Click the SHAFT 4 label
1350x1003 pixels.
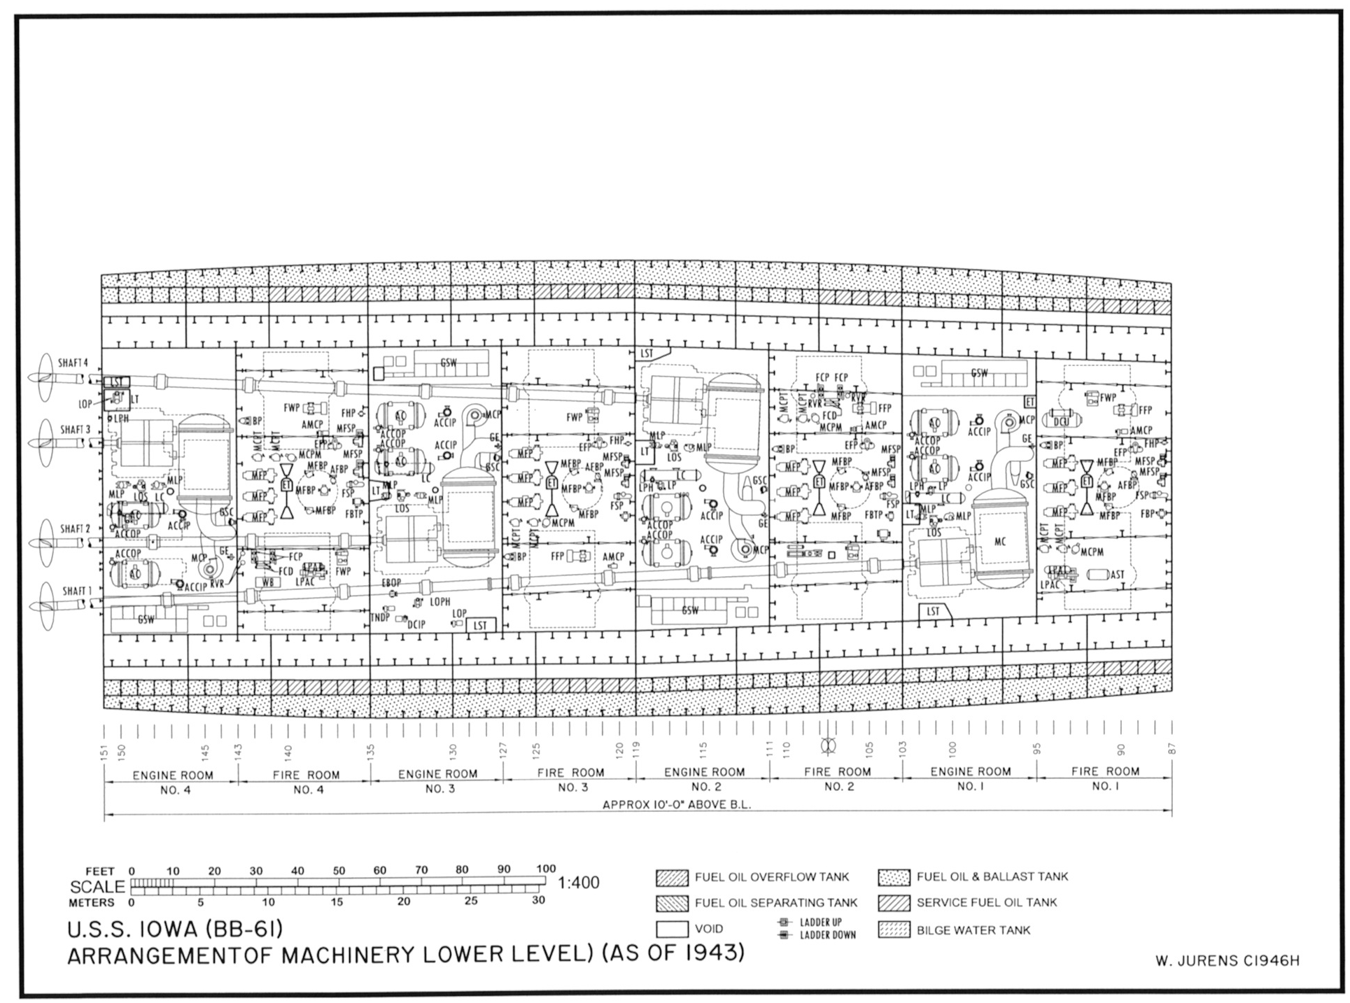pyautogui.click(x=73, y=363)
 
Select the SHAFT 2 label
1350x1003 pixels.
pyautogui.click(x=75, y=528)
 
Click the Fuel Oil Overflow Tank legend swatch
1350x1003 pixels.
pyautogui.click(x=672, y=878)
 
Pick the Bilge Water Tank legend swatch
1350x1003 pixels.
pyautogui.click(x=894, y=930)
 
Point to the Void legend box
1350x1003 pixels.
pyautogui.click(x=672, y=930)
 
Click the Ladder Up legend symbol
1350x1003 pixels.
pyautogui.click(x=785, y=923)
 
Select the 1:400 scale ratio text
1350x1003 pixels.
pyautogui.click(x=578, y=883)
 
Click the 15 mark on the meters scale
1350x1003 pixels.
pyautogui.click(x=337, y=902)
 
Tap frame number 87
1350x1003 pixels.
pyautogui.click(x=1172, y=748)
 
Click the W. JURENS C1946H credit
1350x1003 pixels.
pyautogui.click(x=1227, y=962)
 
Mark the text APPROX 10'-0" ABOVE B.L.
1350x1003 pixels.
pyautogui.click(x=676, y=805)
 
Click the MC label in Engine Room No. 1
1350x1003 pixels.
pyautogui.click(x=1000, y=542)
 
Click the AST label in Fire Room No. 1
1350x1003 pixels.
pyautogui.click(x=1117, y=575)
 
